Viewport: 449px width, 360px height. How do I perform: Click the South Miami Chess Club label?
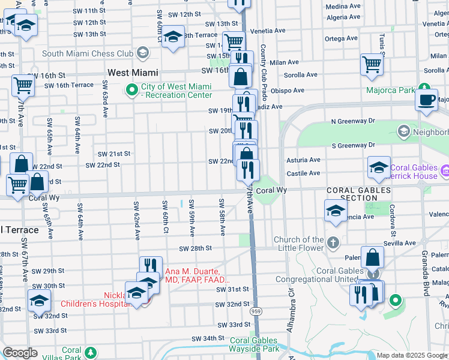pos(88,53)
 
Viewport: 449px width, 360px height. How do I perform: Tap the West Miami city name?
pos(133,73)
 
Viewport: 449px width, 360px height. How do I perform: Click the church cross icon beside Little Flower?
pos(334,242)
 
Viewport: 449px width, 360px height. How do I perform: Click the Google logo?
pos(20,353)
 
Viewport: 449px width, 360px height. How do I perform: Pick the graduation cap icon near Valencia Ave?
pos(336,211)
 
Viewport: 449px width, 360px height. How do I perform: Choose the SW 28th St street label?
pos(196,248)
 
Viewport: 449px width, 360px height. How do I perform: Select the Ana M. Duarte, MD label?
pos(197,275)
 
